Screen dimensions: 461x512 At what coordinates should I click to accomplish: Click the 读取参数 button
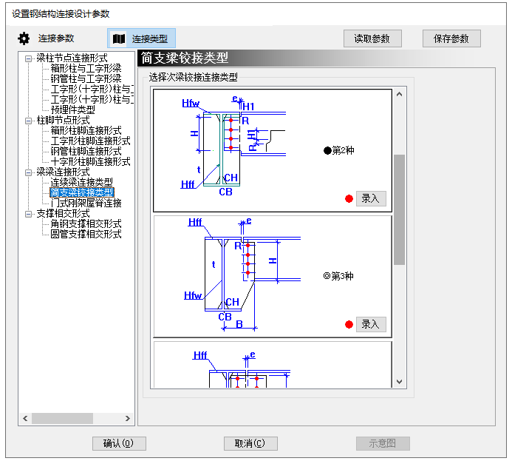372,38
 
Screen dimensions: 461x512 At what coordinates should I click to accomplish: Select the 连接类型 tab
141,38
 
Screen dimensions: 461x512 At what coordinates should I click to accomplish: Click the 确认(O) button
118,443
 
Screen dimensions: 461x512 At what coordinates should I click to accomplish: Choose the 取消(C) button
250,443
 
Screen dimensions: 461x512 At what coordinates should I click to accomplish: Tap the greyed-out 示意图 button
383,443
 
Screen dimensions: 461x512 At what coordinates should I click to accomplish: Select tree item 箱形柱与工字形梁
86,68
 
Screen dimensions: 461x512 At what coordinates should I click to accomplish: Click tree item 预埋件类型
72,110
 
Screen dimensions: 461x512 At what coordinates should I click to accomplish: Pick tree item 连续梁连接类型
81,182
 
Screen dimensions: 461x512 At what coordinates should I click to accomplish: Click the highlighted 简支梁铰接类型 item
81,192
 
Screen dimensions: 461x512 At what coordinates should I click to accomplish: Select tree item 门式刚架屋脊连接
86,203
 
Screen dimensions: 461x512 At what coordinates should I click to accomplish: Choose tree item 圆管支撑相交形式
86,234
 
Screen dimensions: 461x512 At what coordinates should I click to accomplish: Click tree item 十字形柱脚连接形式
90,161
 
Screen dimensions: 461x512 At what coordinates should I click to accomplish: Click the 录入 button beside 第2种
370,198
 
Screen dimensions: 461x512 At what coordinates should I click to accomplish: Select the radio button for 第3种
327,277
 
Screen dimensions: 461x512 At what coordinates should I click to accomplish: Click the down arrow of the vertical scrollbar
400,382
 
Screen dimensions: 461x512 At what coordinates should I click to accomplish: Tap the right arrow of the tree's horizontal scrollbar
128,419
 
